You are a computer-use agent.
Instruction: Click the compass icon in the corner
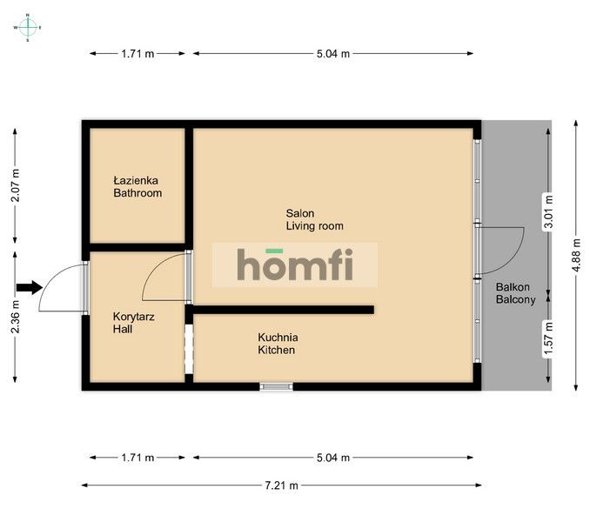click(28, 27)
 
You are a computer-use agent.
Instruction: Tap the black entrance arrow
click(29, 287)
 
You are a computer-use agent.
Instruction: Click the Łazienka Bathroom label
click(137, 187)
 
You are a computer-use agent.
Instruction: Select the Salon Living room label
click(314, 219)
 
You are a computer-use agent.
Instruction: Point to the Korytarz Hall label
click(134, 324)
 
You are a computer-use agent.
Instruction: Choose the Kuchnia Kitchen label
click(277, 344)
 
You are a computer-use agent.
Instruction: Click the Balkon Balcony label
click(514, 293)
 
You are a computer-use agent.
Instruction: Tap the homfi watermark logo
click(295, 264)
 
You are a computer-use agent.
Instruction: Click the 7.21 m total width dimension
click(278, 485)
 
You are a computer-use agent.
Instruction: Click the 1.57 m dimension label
click(546, 338)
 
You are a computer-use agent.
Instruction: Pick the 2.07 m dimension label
click(15, 185)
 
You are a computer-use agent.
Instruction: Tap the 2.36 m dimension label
click(15, 318)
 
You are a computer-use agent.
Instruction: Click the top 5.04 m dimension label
click(332, 54)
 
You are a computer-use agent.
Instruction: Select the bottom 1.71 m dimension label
click(137, 458)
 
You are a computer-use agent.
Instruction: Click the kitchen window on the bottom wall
click(277, 385)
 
